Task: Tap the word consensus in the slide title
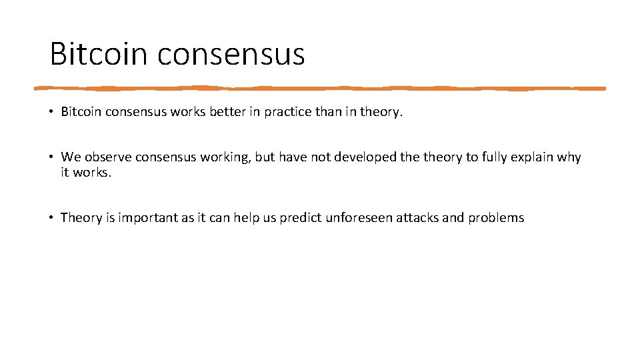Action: [231, 54]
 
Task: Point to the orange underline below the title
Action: [320, 88]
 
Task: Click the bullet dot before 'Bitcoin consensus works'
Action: [51, 112]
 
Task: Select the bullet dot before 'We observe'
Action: [51, 157]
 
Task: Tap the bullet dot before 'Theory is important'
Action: [51, 217]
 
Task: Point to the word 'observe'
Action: [107, 157]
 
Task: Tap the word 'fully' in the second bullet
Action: [494, 157]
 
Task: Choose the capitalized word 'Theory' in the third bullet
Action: [81, 217]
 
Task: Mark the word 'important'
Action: [148, 217]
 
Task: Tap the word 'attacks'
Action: [416, 217]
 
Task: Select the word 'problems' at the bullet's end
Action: [496, 217]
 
